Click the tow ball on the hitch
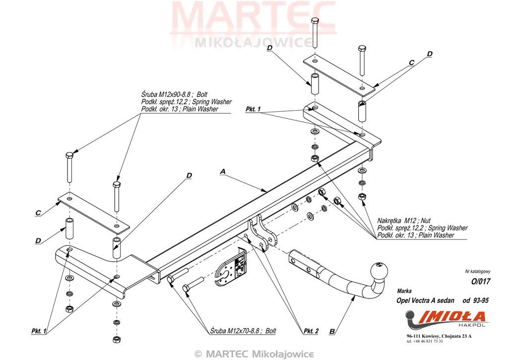coord(381,269)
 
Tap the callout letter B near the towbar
coord(332,331)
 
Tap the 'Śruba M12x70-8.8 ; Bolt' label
coord(243,331)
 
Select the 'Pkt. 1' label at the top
coord(253,109)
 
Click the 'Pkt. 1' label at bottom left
coord(38,331)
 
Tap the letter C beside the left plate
coord(38,213)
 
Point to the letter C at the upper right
coord(411,63)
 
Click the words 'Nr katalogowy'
coord(477,271)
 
